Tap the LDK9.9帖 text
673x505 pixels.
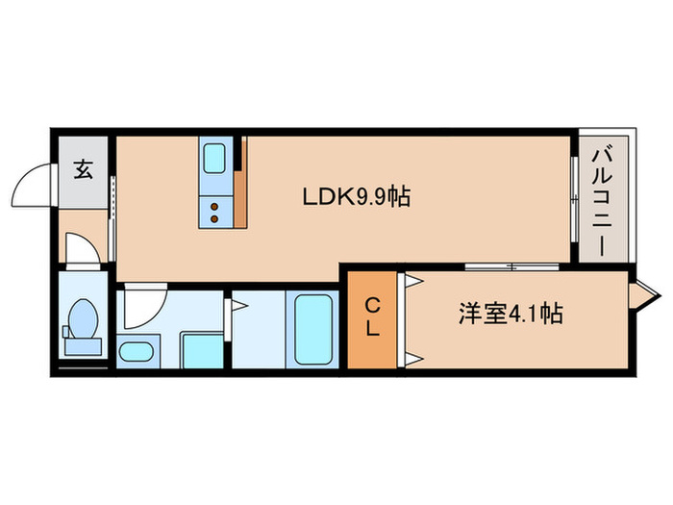(357, 197)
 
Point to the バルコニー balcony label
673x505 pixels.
(605, 199)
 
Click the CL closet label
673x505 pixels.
(370, 316)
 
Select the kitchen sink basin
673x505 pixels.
(214, 157)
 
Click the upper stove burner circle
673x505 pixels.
(215, 204)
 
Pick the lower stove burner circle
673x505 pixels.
(215, 217)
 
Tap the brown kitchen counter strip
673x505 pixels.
(240, 183)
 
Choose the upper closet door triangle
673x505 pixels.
(413, 282)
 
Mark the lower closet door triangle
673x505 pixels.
(413, 360)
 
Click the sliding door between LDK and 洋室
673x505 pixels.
(510, 266)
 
